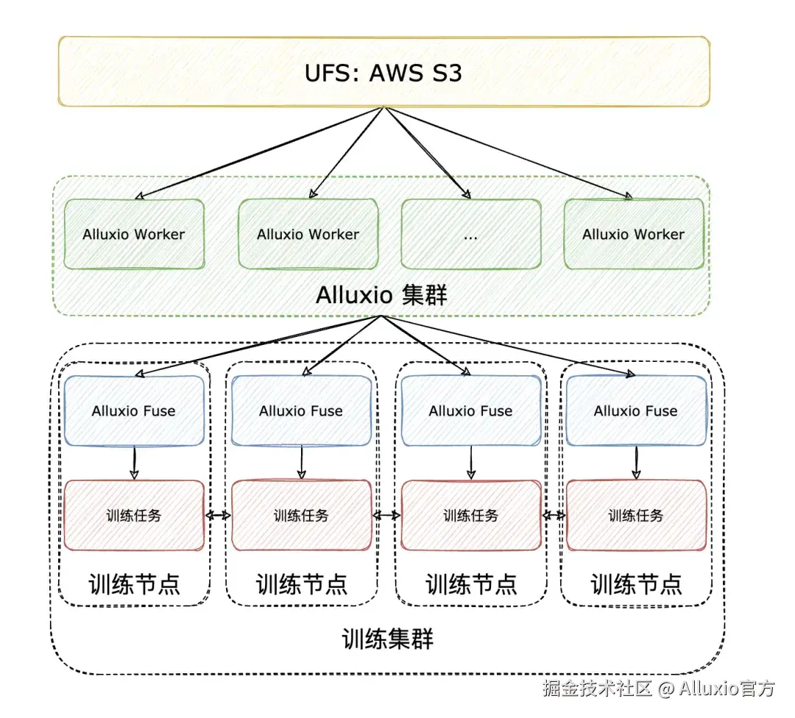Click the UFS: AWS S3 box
click(x=384, y=71)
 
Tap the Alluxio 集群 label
click(x=381, y=295)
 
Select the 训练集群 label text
click(x=388, y=638)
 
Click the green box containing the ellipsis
click(x=471, y=234)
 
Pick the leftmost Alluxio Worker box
click(x=133, y=234)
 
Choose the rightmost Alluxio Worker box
click(x=633, y=234)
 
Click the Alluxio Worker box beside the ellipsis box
click(x=308, y=234)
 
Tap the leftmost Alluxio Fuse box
click(x=133, y=410)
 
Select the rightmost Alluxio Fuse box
click(x=635, y=410)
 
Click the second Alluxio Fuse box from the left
click(x=301, y=410)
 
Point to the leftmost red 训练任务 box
click(x=133, y=515)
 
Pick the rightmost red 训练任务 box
click(x=635, y=515)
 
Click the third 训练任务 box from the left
click(x=470, y=515)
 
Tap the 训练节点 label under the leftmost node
click(x=134, y=585)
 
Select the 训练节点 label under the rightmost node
click(x=636, y=585)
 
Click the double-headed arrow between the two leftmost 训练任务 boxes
click(x=218, y=516)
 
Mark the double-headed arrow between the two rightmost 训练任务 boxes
click(x=554, y=516)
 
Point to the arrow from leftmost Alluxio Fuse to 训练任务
click(x=134, y=463)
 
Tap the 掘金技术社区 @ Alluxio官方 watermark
click(x=659, y=689)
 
